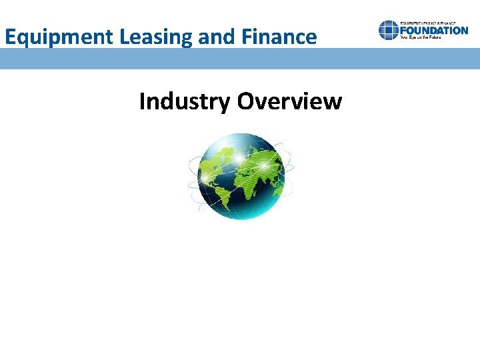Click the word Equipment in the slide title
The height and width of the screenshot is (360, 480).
pos(60,37)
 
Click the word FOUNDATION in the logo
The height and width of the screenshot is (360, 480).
pos(435,30)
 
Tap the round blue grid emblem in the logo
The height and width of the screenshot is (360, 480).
pos(389,30)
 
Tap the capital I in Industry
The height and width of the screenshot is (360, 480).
pos(143,102)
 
